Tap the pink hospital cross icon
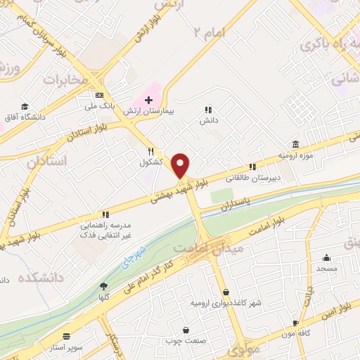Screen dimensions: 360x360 148,100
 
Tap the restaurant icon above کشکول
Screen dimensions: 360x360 150,151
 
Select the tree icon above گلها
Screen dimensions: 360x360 104,286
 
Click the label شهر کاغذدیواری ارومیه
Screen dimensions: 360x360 225,302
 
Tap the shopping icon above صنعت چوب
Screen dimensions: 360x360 186,330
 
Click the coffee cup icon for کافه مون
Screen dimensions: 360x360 296,323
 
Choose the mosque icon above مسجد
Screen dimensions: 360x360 327,257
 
